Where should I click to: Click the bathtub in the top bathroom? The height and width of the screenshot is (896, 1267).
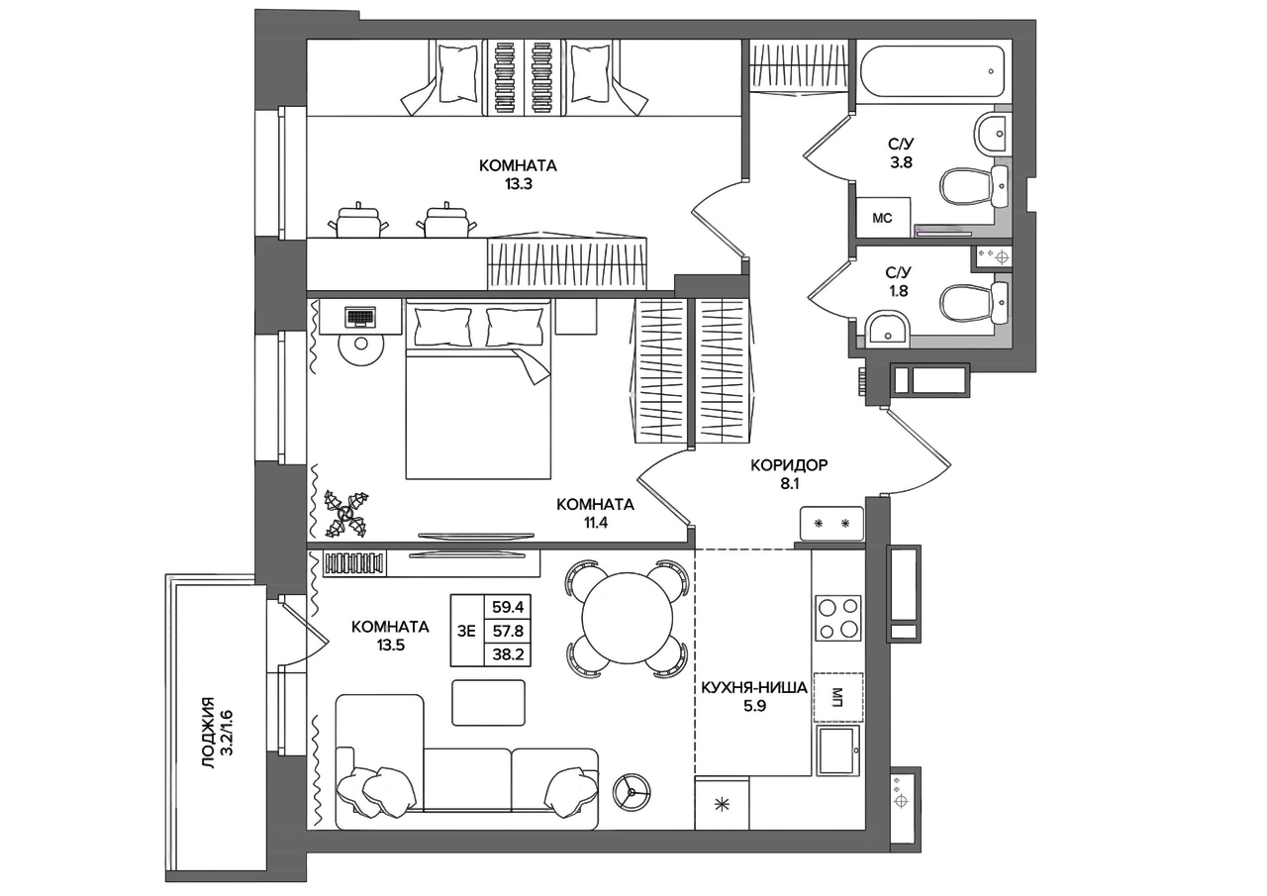coord(932,72)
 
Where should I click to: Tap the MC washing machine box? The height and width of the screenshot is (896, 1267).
coord(882,218)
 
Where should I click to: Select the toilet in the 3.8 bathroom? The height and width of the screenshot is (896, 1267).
coord(974,186)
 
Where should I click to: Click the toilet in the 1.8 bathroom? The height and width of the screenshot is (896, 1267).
coord(974,303)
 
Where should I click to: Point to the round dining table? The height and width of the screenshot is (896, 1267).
coord(628,619)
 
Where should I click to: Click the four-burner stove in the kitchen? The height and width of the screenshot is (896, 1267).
coord(838,618)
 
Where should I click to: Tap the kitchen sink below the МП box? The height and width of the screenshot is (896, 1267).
coord(837,750)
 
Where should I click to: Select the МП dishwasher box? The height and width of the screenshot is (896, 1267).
coord(838,697)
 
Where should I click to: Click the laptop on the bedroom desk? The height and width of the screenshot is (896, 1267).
coord(360,317)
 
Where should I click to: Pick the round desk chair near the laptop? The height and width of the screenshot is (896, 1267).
coord(362,343)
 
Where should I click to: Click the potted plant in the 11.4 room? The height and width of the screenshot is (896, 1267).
coord(345,514)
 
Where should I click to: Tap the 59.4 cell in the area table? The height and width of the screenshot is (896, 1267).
coord(508,608)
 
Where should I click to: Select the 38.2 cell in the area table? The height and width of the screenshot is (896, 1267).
coord(508,654)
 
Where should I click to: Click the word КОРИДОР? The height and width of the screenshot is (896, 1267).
coord(789,465)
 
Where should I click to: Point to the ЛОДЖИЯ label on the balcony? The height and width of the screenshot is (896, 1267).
coord(208,733)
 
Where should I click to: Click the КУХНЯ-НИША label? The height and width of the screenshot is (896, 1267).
coord(754,688)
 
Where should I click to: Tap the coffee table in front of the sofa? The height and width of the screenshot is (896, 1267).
coord(488,703)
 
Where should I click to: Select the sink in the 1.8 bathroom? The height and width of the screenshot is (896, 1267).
coord(888,327)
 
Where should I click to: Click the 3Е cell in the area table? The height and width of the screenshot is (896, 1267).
coord(466,631)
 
